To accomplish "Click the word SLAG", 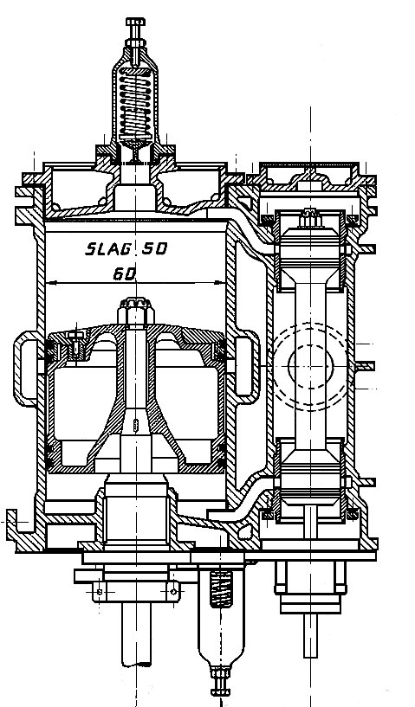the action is pos(108,249).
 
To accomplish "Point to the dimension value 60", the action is pos(125,273).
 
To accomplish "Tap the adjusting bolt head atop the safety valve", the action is pos(135,22).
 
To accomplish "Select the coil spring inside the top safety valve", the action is pos(135,105).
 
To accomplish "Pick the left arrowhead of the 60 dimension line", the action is pos(51,283).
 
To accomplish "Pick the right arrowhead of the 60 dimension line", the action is pos(219,283).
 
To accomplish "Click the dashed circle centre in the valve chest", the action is pos(310,366).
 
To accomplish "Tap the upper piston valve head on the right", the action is pos(310,250).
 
